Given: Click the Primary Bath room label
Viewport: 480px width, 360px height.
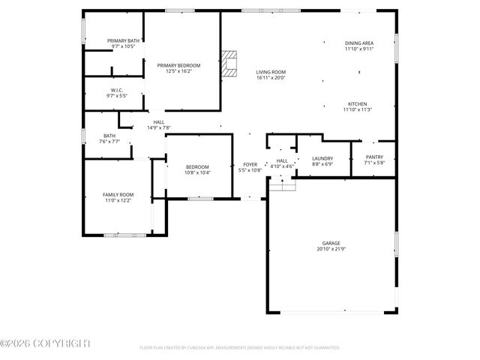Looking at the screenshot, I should [122, 40].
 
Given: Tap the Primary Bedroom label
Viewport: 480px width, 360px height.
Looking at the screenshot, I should [178, 65].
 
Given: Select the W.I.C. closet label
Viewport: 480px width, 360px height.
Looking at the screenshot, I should [116, 90].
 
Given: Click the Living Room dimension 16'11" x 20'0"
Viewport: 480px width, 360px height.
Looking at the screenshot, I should [271, 77].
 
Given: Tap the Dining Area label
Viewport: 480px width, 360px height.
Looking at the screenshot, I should [358, 43].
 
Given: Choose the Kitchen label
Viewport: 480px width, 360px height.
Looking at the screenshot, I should [358, 103].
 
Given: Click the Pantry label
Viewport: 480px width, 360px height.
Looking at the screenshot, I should [373, 157].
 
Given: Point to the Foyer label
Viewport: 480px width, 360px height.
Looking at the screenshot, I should [250, 164].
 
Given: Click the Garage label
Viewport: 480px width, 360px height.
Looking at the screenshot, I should [331, 243].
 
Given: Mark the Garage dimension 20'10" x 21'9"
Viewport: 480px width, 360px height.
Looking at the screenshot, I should [331, 249].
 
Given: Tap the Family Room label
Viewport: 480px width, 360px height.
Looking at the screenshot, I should [118, 194].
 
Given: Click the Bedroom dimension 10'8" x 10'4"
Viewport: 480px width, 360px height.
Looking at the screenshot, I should [197, 172].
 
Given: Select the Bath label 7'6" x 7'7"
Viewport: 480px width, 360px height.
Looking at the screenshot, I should [109, 141].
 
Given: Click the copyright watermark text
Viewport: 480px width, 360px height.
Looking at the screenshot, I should [45, 343].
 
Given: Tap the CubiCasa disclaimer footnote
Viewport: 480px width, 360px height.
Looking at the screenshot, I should [239, 348].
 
